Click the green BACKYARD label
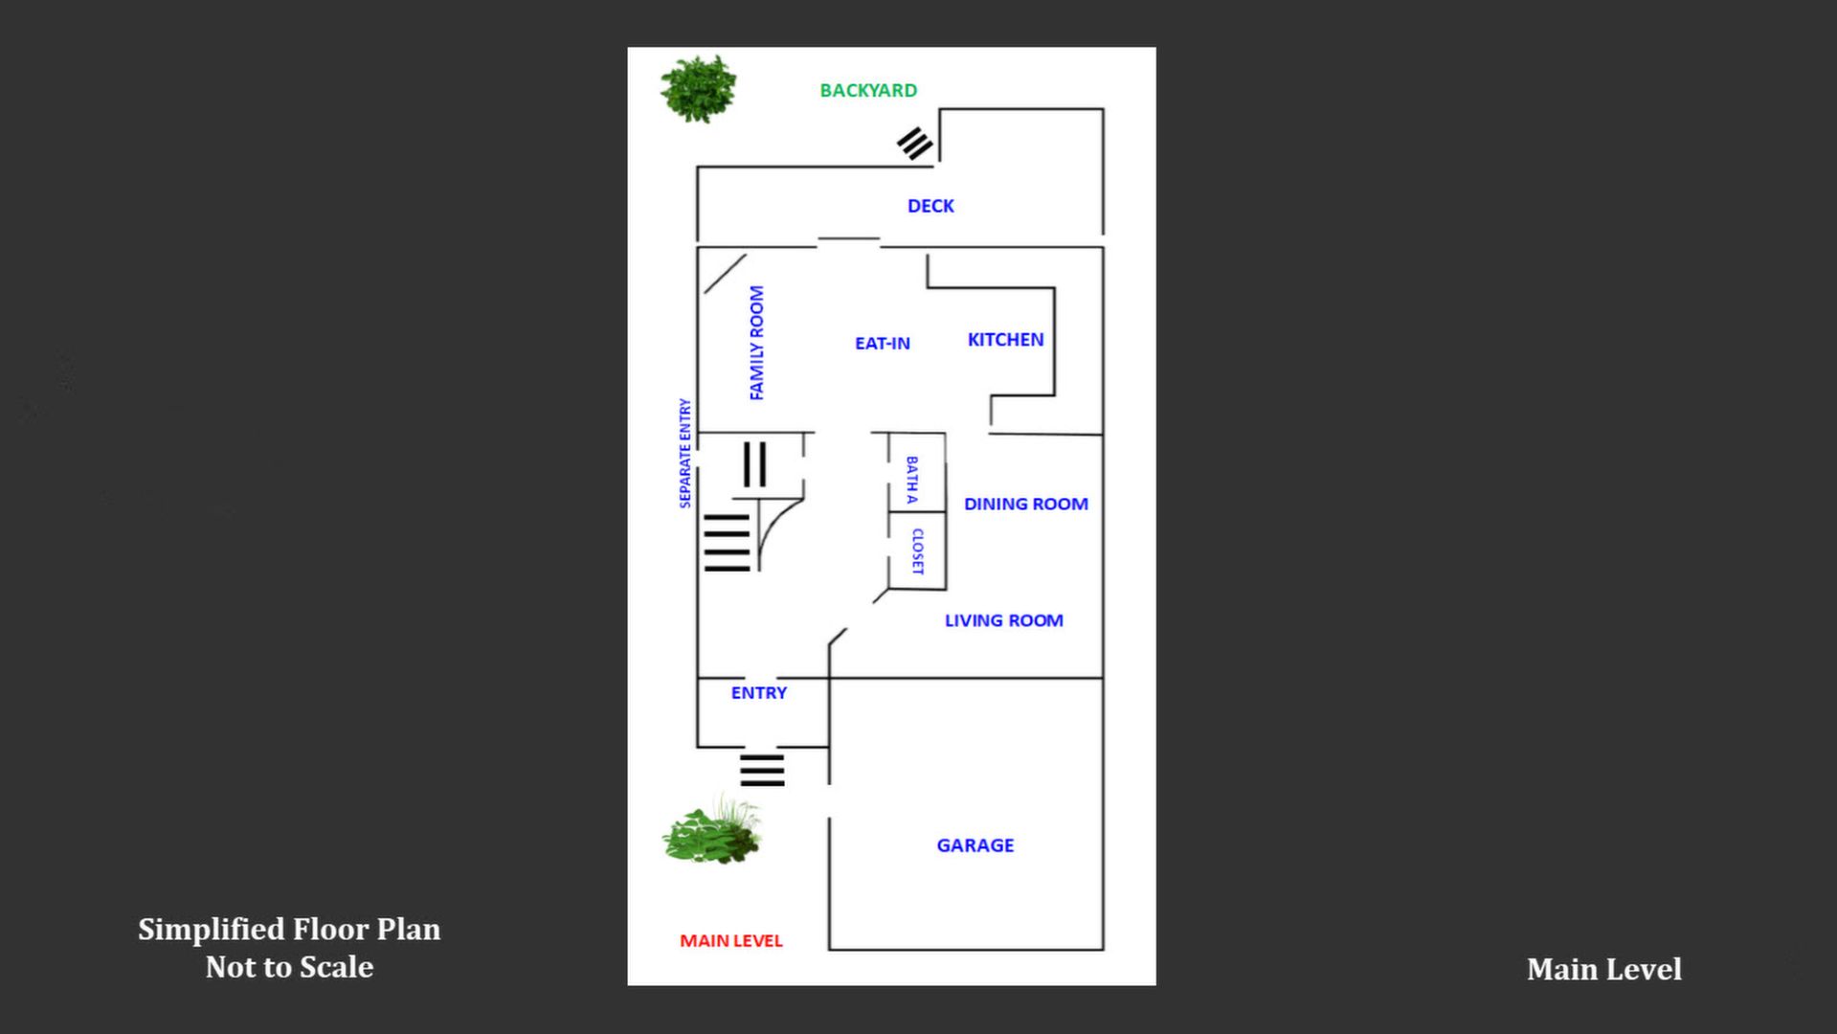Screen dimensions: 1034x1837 868,90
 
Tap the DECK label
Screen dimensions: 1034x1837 930,206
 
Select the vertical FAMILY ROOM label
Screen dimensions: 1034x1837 756,343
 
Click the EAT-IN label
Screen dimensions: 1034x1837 882,343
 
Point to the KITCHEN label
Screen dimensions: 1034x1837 1005,340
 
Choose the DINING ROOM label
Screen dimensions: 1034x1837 1025,504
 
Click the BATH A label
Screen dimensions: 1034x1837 911,480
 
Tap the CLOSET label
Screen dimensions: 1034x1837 917,551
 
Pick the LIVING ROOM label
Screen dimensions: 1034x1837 1003,620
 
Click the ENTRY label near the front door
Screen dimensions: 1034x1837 758,693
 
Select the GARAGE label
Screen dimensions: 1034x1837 975,845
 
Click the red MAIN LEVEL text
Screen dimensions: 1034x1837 730,941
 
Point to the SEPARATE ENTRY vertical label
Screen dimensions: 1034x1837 684,453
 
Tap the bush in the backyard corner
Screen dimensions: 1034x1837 699,89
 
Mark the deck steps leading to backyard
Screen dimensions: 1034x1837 914,144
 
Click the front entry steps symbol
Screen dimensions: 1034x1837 762,770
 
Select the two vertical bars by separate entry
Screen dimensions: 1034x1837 754,464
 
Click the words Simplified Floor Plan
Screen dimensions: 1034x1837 289,929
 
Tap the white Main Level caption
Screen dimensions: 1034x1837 1603,969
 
